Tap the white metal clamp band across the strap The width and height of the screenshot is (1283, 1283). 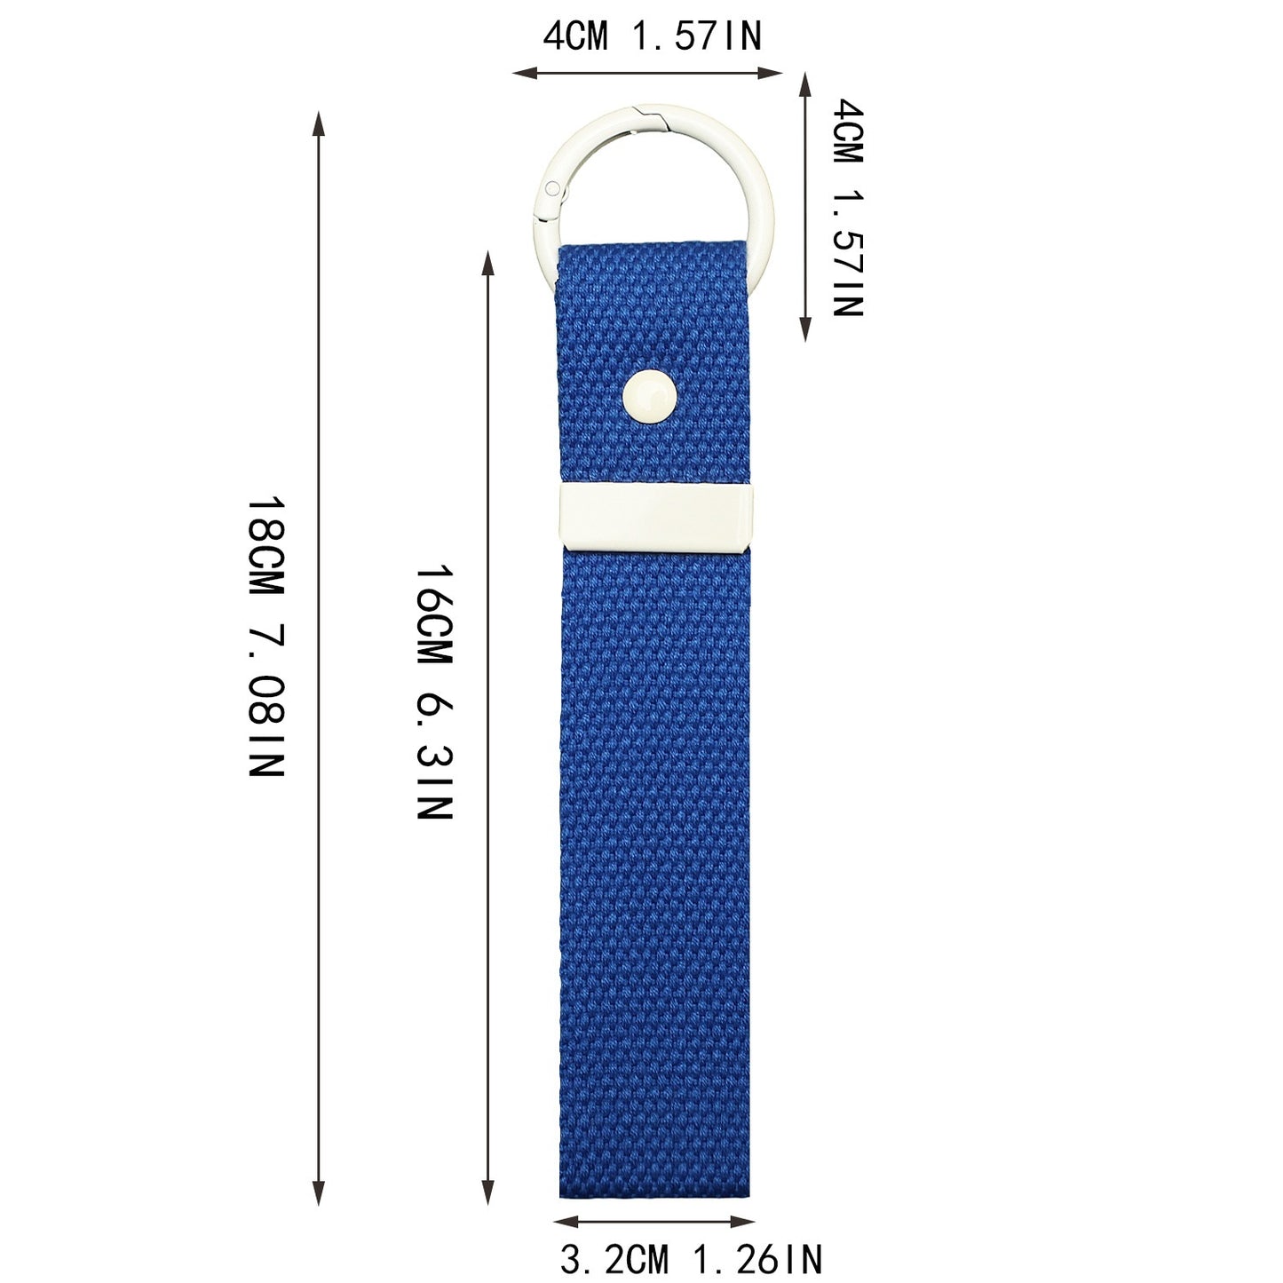pos(656,517)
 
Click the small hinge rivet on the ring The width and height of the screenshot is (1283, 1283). pos(552,189)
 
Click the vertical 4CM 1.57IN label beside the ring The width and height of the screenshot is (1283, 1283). pos(848,208)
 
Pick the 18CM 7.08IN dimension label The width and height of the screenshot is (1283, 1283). pos(266,636)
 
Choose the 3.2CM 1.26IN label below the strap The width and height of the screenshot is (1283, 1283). pos(691,1259)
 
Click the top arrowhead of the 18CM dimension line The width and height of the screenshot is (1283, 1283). pos(319,123)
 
